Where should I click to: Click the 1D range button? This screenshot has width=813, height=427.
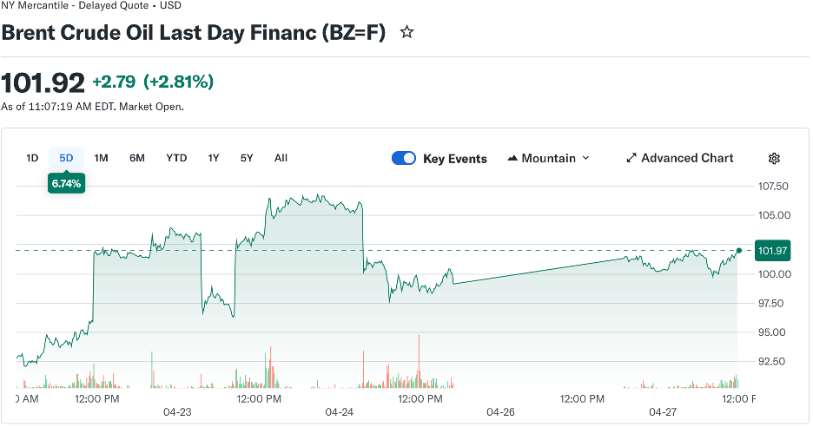tap(32, 158)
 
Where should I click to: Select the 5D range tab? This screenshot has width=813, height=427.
tap(66, 158)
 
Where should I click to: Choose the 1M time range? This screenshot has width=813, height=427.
tap(101, 158)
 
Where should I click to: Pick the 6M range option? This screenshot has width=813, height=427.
tap(136, 158)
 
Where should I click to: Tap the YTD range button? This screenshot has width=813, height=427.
tap(176, 158)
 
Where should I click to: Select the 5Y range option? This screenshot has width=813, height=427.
tap(247, 158)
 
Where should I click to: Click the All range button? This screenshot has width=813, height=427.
tap(281, 158)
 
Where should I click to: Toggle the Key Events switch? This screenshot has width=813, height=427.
tap(404, 158)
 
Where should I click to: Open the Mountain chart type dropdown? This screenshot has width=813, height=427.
tap(548, 158)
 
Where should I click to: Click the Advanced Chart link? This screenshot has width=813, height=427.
tap(679, 158)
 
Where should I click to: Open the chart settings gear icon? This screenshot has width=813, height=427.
tap(774, 158)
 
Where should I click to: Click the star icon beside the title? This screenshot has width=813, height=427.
tap(406, 33)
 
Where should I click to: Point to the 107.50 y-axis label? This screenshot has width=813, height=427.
tap(773, 186)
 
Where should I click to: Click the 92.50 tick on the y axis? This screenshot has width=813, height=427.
tap(773, 361)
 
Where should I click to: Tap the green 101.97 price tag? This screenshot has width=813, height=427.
tap(772, 251)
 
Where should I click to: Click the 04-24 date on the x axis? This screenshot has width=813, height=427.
tap(339, 411)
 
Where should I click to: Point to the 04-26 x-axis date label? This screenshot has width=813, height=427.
tap(500, 411)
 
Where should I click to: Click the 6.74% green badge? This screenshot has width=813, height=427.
tap(67, 183)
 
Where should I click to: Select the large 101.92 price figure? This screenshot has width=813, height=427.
tap(43, 83)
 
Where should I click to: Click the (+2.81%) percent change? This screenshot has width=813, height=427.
tap(178, 82)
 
